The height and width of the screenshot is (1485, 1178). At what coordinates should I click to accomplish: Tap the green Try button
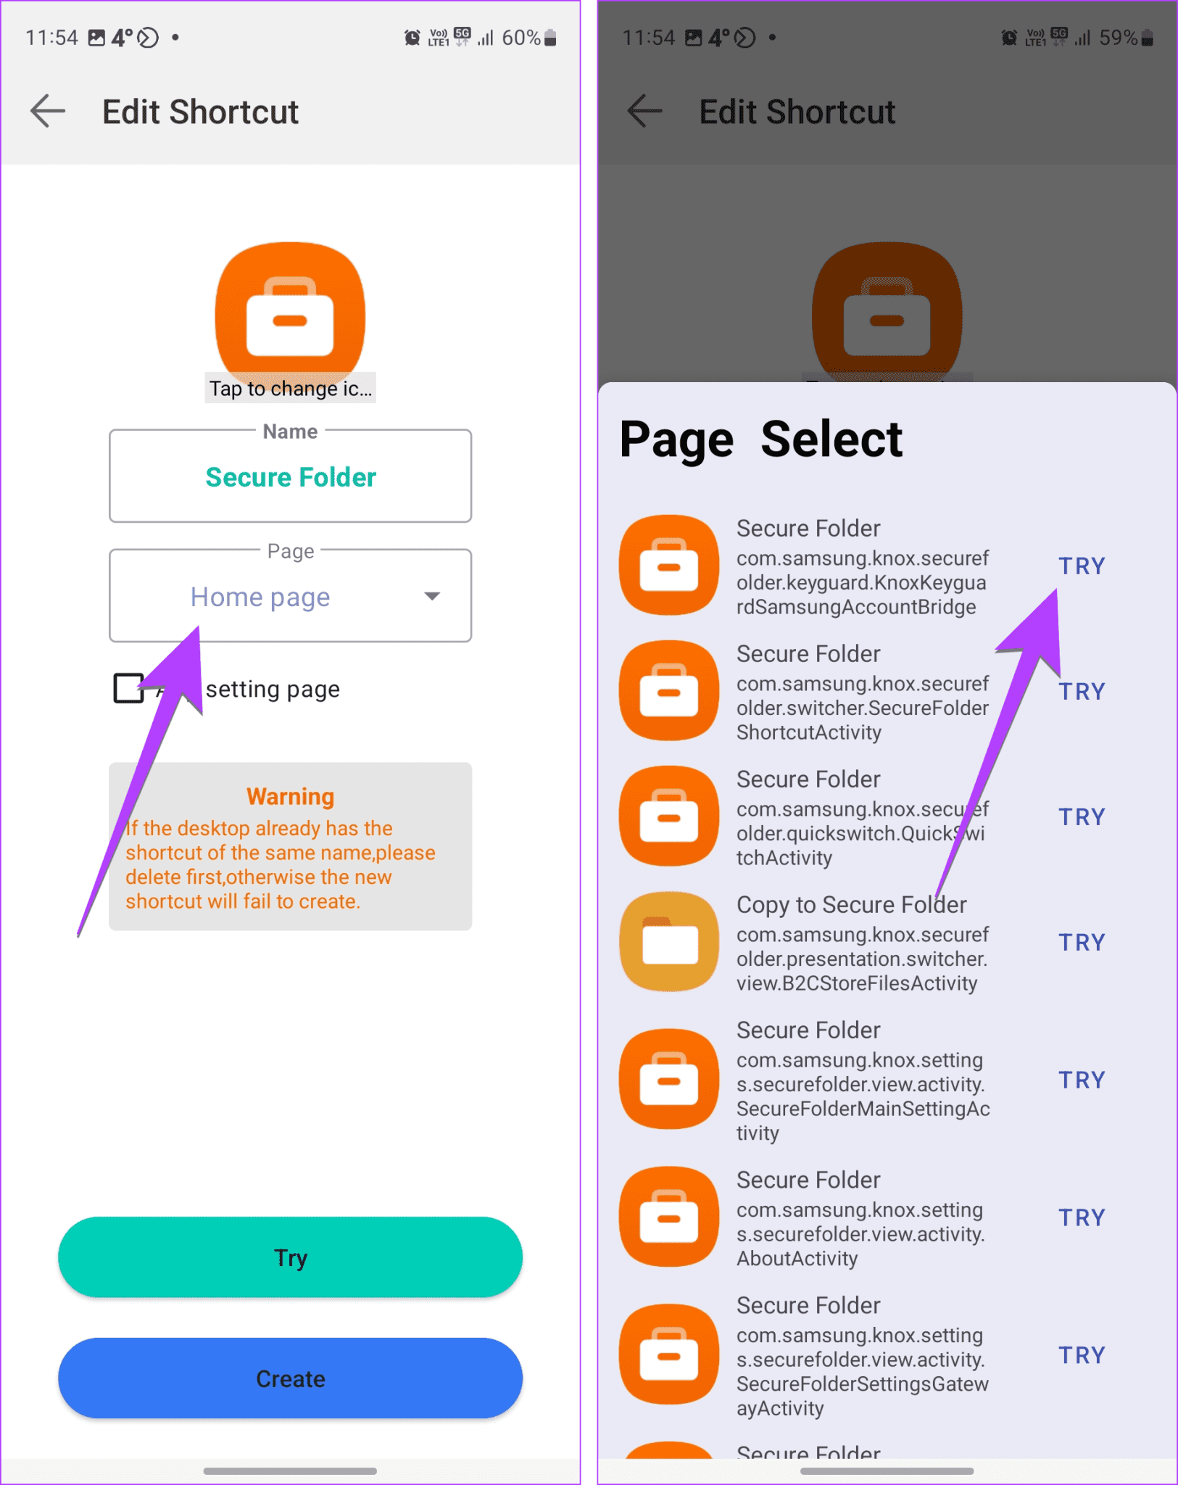290,1257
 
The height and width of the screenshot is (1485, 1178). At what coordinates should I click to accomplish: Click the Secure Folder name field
290,476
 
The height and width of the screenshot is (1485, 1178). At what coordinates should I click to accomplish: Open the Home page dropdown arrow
432,596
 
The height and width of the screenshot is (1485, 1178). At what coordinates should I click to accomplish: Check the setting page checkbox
129,688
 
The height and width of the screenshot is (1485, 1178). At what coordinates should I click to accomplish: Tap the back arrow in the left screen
48,112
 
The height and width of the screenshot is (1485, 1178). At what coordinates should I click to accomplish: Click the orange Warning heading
290,796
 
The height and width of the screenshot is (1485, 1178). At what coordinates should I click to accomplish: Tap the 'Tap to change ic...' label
290,389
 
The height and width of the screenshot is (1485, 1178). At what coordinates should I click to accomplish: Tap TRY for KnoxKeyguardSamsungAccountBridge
1082,566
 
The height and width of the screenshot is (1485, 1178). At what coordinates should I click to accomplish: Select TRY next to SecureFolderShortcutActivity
1082,692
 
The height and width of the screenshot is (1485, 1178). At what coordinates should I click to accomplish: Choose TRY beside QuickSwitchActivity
1082,817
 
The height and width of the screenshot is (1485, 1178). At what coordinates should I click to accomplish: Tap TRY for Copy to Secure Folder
1082,943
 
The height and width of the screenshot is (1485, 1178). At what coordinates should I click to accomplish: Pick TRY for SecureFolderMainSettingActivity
1082,1080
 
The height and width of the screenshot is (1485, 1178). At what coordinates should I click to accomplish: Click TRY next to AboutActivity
1082,1218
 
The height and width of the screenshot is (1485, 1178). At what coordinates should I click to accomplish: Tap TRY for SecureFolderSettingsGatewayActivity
1082,1355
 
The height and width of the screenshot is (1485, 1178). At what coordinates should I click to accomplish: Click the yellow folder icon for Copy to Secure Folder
669,942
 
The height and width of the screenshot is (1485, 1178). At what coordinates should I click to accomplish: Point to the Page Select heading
760,439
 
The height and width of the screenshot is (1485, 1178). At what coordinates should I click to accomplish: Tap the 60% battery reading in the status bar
521,38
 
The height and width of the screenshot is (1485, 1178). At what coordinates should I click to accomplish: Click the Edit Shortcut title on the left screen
200,112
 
